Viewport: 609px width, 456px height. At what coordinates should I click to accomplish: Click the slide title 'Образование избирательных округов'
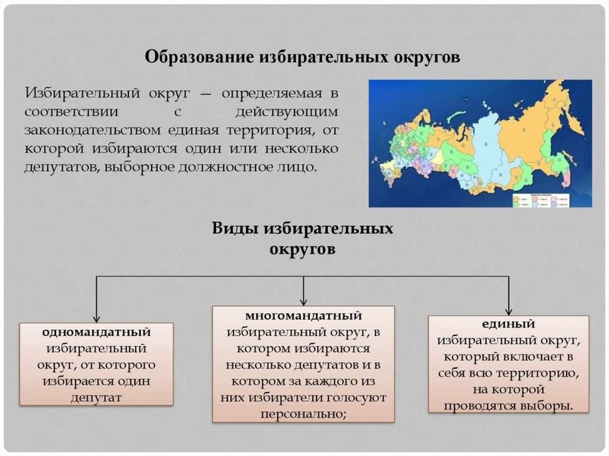pos(303,58)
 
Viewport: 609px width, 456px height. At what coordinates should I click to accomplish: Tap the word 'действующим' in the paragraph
pos(287,111)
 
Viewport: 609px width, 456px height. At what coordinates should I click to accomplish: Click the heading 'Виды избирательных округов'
pos(303,238)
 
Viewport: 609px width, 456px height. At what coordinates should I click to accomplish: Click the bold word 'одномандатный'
pos(96,331)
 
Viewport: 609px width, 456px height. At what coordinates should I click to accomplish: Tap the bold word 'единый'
pos(508,324)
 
